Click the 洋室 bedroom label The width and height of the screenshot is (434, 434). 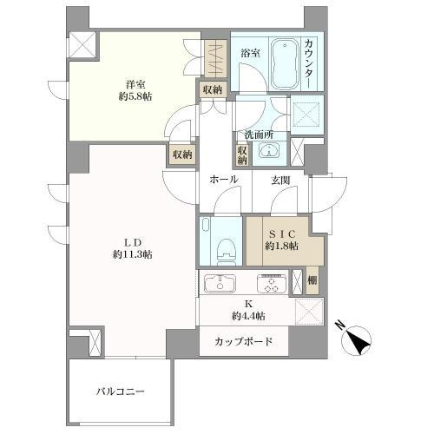[x=134, y=84]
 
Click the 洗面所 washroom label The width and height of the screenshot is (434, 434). [x=259, y=135]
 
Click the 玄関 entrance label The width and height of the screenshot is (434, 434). [x=279, y=180]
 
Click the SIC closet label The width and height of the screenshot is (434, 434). [x=283, y=233]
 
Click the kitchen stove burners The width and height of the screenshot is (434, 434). [x=270, y=283]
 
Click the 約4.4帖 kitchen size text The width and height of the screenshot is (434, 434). [x=249, y=315]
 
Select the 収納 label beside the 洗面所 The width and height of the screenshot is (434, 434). [x=241, y=154]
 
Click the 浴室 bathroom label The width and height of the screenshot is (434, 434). [x=249, y=53]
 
